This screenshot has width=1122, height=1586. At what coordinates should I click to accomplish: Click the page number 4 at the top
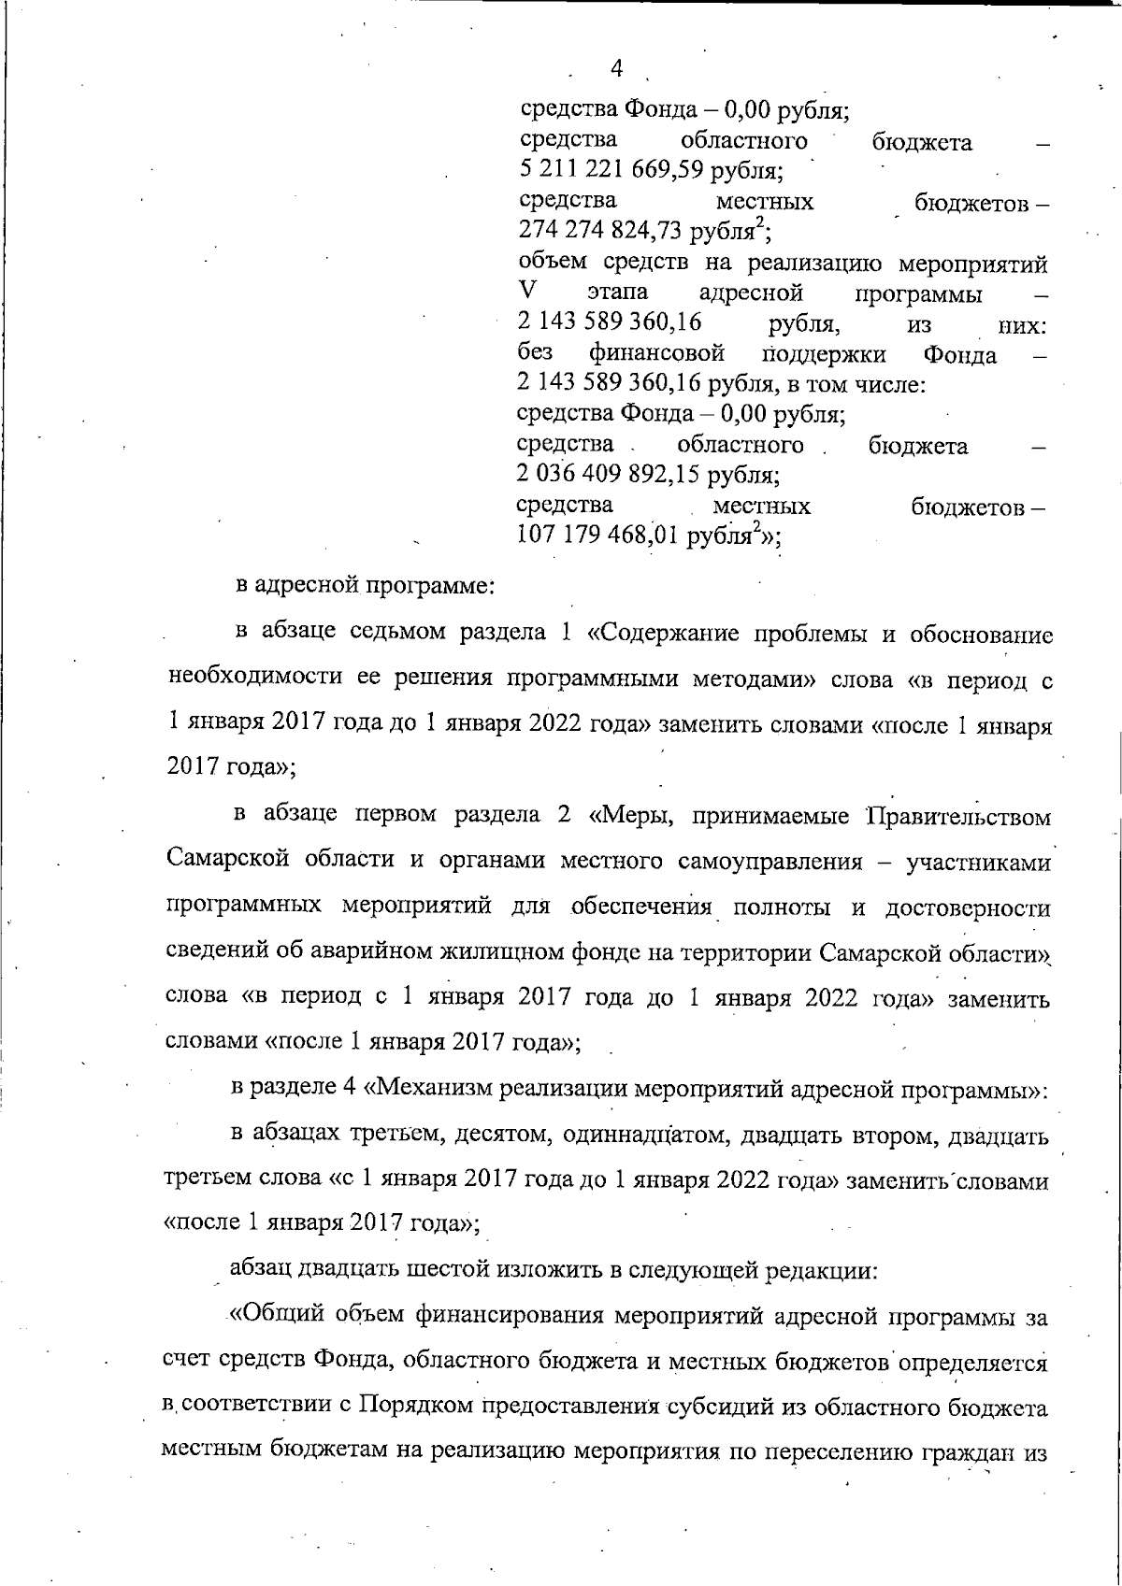pyautogui.click(x=615, y=68)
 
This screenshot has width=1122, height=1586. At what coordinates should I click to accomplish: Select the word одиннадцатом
pyautogui.click(x=635, y=1136)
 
